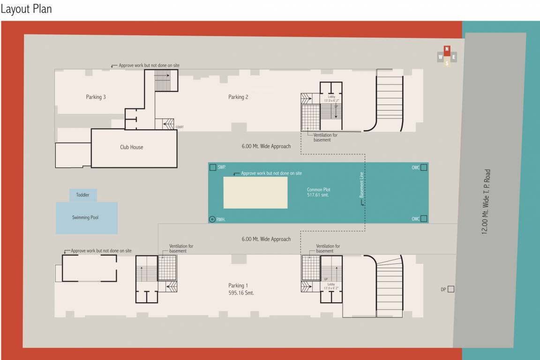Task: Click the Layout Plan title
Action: click(26, 9)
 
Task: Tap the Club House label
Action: click(131, 147)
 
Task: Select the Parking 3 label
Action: click(96, 97)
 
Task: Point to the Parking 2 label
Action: click(238, 97)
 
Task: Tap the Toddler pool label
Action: click(83, 195)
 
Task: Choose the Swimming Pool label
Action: click(85, 217)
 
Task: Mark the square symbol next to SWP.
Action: click(213, 167)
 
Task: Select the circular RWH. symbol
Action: click(212, 219)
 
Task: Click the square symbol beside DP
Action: click(450, 289)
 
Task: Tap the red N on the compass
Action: click(447, 49)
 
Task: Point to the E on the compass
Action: click(454, 57)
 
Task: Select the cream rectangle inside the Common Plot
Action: click(255, 192)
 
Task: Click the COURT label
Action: click(179, 127)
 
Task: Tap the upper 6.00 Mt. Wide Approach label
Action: click(266, 146)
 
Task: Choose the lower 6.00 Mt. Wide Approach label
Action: click(266, 239)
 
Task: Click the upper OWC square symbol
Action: click(423, 167)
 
